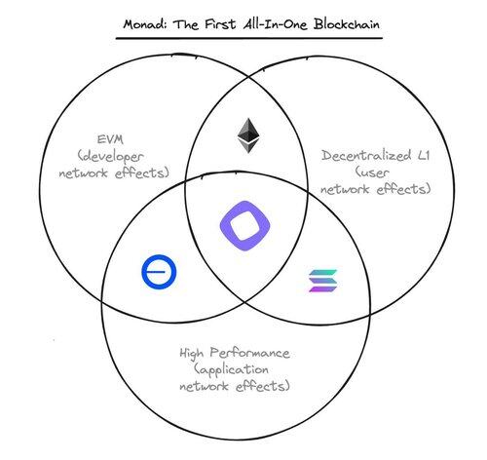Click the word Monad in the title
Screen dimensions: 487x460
coord(145,24)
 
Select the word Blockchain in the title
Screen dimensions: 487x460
coord(347,24)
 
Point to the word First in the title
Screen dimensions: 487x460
coord(220,24)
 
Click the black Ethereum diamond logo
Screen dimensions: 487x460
coord(248,135)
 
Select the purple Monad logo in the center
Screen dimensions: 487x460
coord(245,226)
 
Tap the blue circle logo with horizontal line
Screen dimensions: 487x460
coord(159,272)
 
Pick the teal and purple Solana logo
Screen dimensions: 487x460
coord(322,281)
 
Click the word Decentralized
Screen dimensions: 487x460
coord(366,156)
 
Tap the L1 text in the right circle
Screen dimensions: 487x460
coord(423,155)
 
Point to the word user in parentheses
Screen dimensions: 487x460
coord(375,172)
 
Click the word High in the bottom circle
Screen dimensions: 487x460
coord(192,354)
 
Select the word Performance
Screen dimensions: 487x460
coord(249,353)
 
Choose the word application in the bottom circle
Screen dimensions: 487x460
coord(234,370)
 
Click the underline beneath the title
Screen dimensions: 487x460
coord(249,38)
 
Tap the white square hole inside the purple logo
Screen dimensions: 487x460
coord(245,226)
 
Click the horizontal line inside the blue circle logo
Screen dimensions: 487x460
coord(159,272)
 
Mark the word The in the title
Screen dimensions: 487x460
coord(186,24)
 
